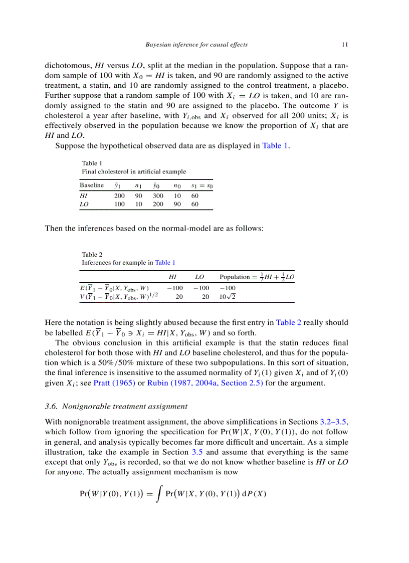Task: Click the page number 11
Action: click(344, 45)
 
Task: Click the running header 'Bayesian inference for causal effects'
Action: click(196, 45)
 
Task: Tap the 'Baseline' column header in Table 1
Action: click(92, 185)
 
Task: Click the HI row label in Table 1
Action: click(84, 196)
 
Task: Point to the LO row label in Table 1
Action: click(84, 205)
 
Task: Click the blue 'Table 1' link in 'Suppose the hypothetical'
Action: click(275, 146)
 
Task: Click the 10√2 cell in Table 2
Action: click(228, 297)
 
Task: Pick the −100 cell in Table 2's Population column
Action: click(228, 288)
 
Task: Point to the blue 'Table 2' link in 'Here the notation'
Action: click(289, 322)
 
